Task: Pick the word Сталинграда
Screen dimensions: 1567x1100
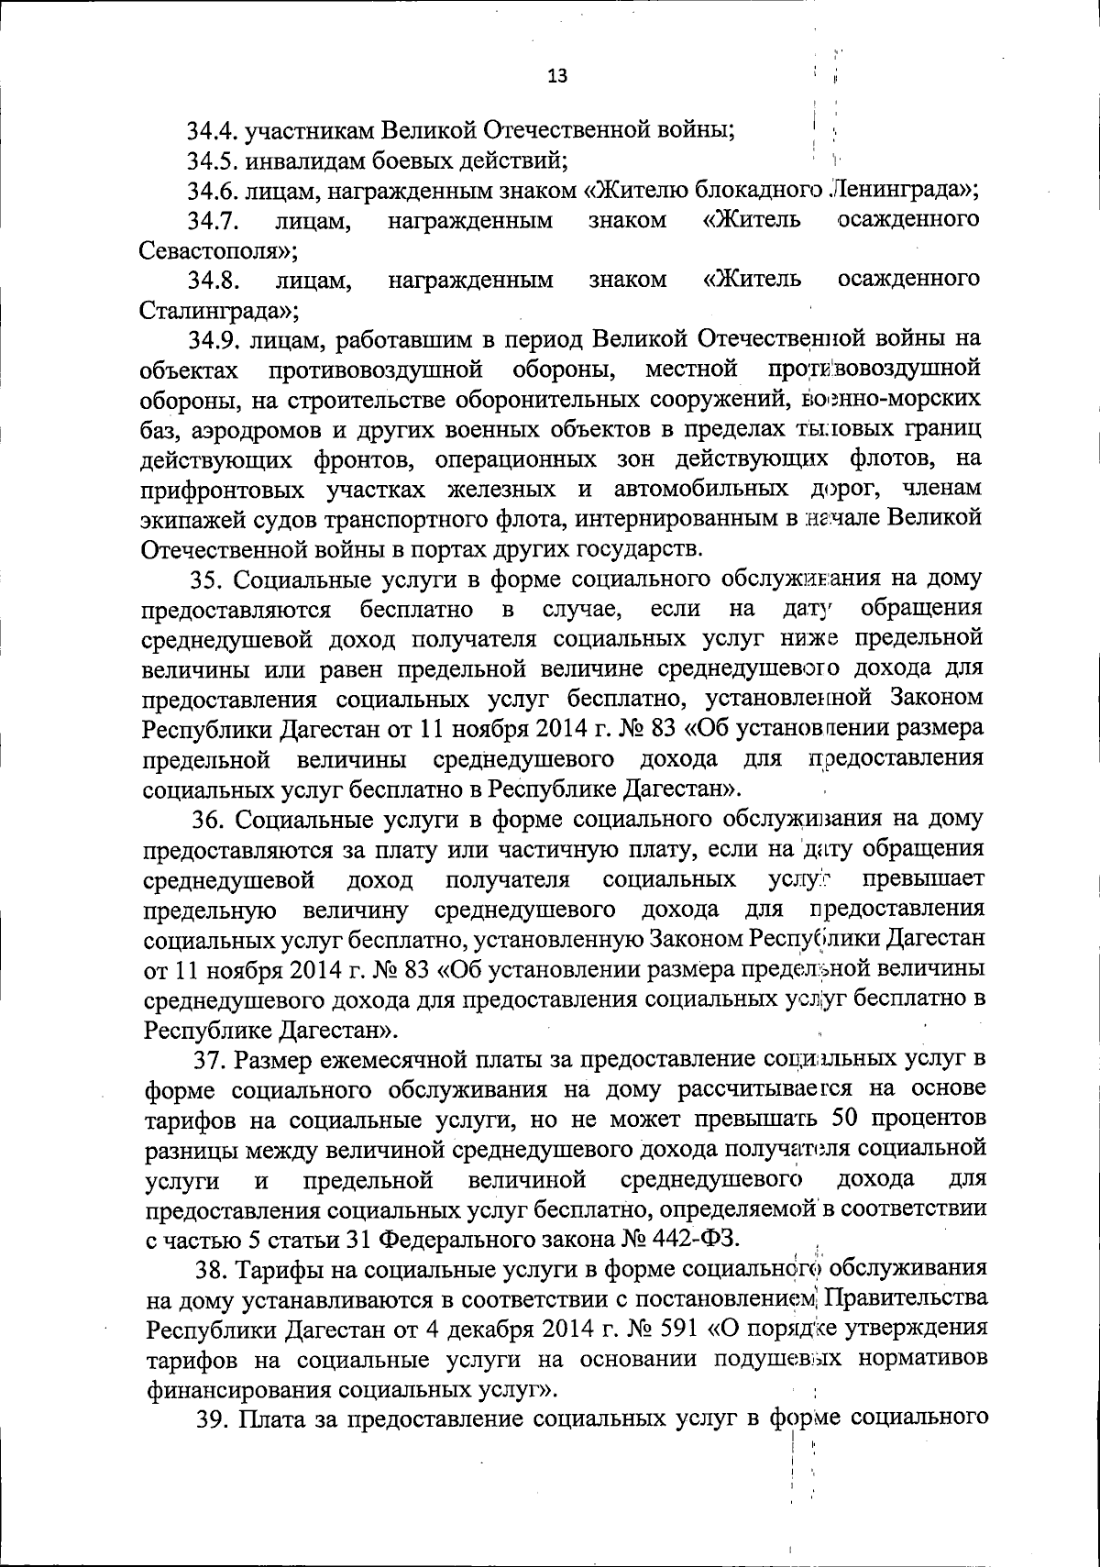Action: (217, 310)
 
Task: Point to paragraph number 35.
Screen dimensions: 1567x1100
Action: (207, 580)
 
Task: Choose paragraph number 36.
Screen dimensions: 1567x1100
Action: (208, 819)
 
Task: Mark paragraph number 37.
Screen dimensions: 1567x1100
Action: (210, 1061)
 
